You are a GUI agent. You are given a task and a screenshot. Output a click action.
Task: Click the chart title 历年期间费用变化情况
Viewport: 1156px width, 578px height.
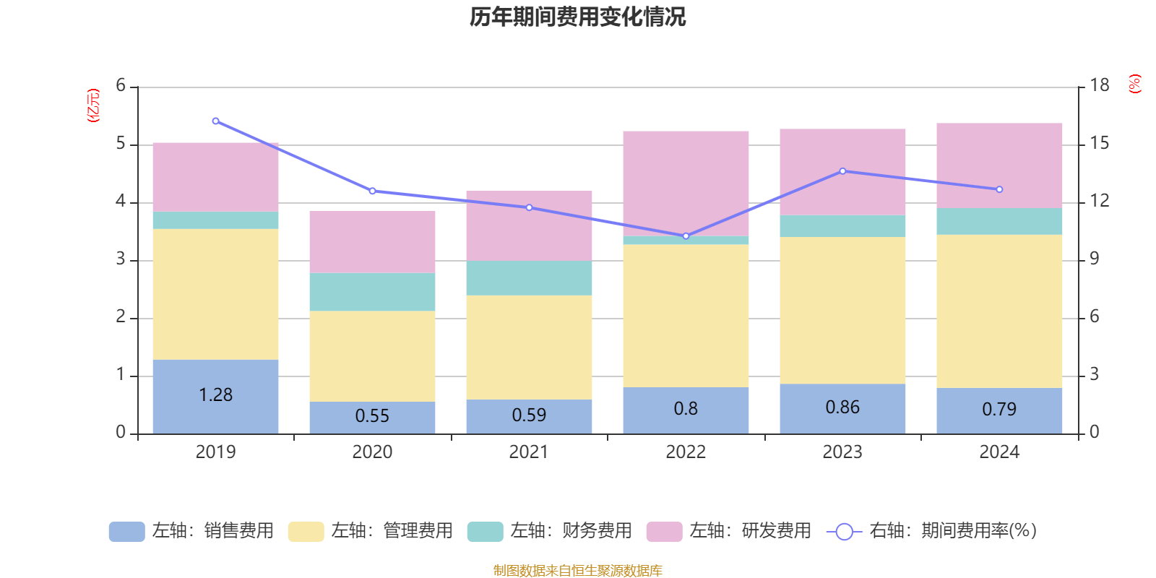pyautogui.click(x=577, y=17)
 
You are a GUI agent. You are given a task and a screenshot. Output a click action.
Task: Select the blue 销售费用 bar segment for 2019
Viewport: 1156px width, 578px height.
pyautogui.click(x=215, y=376)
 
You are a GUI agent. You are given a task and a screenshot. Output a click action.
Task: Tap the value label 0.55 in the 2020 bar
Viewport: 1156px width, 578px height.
pyautogui.click(x=372, y=416)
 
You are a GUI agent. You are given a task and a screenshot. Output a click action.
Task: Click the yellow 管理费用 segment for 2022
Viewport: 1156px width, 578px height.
pyautogui.click(x=686, y=316)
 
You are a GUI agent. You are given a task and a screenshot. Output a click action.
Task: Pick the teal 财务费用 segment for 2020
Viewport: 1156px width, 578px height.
pyautogui.click(x=372, y=292)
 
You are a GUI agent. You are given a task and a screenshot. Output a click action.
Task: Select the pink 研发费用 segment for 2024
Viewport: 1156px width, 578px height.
pyautogui.click(x=999, y=165)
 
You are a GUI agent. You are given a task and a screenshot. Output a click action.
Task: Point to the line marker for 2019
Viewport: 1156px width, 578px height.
pyautogui.click(x=215, y=121)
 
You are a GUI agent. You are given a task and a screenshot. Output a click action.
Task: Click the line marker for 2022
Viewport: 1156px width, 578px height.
pyautogui.click(x=686, y=236)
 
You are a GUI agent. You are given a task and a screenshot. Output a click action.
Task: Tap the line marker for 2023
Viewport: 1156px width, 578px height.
pyautogui.click(x=842, y=171)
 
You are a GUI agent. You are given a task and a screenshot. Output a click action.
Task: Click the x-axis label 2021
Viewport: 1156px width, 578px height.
pyautogui.click(x=529, y=452)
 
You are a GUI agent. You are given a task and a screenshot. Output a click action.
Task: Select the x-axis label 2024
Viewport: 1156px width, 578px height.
pyautogui.click(x=999, y=452)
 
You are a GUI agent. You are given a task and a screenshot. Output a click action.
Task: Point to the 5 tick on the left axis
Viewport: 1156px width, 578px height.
pyautogui.click(x=121, y=144)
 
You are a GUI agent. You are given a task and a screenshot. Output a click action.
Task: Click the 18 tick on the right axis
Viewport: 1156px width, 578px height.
pyautogui.click(x=1099, y=85)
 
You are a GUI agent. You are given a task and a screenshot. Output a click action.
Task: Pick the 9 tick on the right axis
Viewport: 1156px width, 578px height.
pyautogui.click(x=1094, y=259)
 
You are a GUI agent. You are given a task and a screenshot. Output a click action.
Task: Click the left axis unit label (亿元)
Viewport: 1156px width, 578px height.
pyautogui.click(x=93, y=105)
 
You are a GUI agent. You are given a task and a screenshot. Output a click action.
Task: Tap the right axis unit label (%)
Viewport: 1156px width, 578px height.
pyautogui.click(x=1134, y=84)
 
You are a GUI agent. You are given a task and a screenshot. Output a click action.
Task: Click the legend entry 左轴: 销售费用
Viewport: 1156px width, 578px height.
pyautogui.click(x=191, y=531)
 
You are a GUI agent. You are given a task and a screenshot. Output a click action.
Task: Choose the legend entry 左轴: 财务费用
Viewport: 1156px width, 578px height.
pyautogui.click(x=550, y=531)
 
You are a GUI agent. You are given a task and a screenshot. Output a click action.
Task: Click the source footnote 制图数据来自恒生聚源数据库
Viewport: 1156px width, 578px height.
pyautogui.click(x=577, y=571)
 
